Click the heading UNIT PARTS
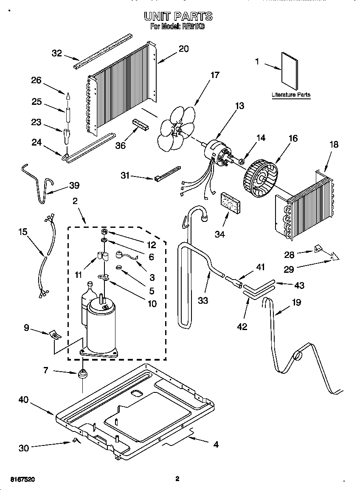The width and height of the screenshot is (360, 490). pyautogui.click(x=178, y=17)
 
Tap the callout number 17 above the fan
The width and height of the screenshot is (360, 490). pyautogui.click(x=215, y=75)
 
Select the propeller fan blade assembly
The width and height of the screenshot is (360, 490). pyautogui.click(x=175, y=127)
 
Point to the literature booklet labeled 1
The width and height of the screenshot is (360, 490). pyautogui.click(x=290, y=70)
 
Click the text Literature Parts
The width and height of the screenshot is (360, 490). pyautogui.click(x=291, y=95)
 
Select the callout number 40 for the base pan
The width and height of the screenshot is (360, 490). pyautogui.click(x=24, y=399)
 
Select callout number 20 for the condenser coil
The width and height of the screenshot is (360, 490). pyautogui.click(x=183, y=48)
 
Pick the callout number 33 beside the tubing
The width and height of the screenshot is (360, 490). pyautogui.click(x=203, y=300)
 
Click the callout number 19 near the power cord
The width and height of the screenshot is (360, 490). pyautogui.click(x=296, y=302)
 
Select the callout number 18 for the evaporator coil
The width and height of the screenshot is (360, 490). pyautogui.click(x=334, y=144)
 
